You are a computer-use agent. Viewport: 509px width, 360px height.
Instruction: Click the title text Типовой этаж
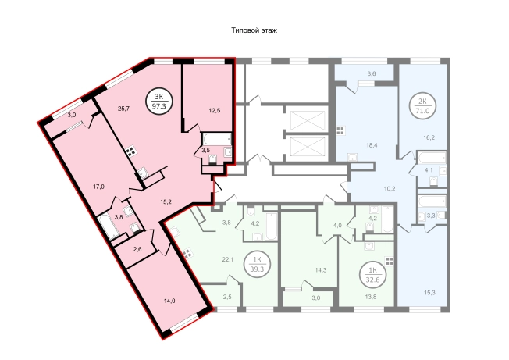point(254,30)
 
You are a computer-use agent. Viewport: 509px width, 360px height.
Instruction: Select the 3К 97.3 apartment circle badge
point(159,102)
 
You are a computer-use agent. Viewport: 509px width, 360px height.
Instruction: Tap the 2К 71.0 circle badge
point(422,106)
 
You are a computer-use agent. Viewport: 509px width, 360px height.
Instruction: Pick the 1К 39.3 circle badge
point(257,264)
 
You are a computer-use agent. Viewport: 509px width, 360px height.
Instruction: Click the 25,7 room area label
point(123,109)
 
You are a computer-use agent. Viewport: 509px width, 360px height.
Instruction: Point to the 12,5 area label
point(215,110)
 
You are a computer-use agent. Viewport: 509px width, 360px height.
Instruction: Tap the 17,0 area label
point(98,187)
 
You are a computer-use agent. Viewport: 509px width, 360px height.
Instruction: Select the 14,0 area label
point(169,301)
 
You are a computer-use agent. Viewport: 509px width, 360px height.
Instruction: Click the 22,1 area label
point(228,259)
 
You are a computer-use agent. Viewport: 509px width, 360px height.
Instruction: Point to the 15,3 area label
point(429,293)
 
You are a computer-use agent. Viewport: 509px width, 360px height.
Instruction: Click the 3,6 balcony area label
point(372,73)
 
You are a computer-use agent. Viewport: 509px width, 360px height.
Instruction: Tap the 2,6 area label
point(137,249)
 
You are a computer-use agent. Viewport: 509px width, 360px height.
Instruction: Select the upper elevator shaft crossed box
point(308,120)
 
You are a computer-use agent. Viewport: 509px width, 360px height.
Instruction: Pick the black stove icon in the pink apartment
point(131,152)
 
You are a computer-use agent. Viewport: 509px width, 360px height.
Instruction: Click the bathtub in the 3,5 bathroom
point(217,138)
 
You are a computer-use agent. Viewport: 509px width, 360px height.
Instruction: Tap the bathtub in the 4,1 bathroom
point(432,158)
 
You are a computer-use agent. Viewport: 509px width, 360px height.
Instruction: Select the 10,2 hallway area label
point(390,188)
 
